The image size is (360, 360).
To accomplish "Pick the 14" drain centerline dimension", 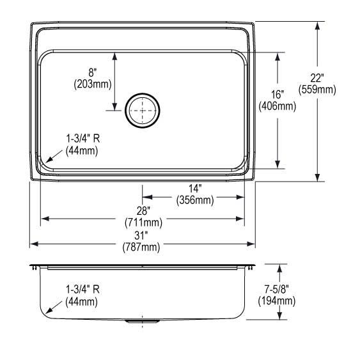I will (195, 189).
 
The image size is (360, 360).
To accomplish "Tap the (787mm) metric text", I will (143, 247).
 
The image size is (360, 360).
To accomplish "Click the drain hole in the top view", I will (141, 111).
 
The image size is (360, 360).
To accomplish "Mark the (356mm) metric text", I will (194, 201).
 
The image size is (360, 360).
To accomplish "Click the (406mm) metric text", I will (277, 107).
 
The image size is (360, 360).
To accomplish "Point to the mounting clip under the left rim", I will (32, 270).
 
